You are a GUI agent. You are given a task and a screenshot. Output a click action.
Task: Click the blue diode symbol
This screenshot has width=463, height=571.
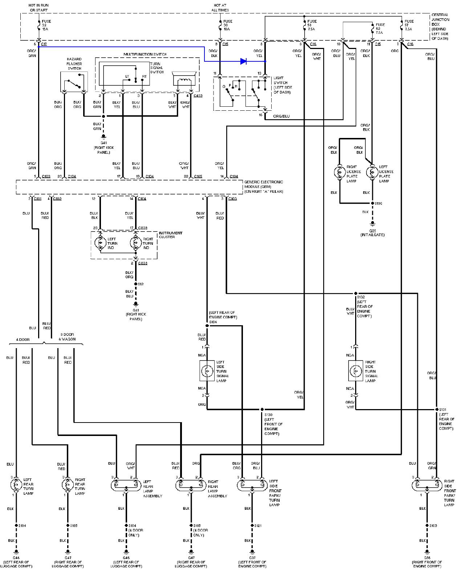244,61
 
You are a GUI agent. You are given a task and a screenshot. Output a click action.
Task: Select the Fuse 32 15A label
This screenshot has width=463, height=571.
46,26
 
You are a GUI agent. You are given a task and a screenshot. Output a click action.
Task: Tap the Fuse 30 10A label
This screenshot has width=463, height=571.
228,26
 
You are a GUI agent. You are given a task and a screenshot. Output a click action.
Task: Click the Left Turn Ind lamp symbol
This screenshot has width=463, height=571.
100,242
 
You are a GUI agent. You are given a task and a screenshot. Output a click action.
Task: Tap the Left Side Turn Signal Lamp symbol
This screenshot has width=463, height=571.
207,371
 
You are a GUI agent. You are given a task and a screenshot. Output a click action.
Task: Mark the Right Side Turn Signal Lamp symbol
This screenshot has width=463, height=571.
356,371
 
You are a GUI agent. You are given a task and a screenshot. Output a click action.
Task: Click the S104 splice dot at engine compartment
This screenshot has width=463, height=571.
207,326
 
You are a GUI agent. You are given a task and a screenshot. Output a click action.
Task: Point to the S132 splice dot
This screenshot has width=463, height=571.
356,293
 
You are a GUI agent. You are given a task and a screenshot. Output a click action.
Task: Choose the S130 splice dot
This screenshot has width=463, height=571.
261,409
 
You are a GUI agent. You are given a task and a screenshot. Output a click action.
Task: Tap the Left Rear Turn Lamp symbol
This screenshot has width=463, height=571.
16,485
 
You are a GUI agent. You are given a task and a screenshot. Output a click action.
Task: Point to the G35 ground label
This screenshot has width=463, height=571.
372,232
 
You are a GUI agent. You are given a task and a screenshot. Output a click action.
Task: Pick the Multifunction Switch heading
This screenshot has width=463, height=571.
145,54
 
